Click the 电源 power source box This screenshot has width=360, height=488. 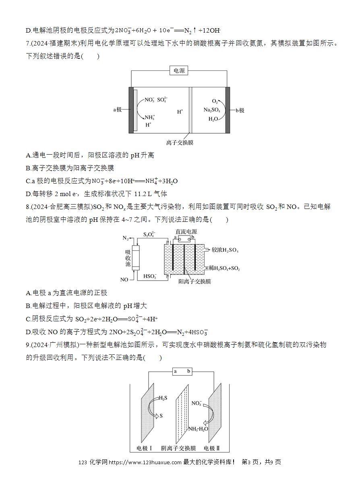179,70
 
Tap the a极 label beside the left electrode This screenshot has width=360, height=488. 117,110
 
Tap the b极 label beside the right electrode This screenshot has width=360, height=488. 240,110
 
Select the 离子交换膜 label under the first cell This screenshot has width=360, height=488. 180,143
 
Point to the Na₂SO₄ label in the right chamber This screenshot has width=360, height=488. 212,110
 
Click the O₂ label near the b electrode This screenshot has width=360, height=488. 215,101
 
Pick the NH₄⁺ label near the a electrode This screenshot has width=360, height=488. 150,118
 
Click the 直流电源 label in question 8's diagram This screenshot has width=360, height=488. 186,232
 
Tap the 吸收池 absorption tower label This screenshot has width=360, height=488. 128,258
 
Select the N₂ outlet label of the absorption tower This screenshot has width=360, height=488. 126,238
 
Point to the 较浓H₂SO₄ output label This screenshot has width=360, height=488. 225,250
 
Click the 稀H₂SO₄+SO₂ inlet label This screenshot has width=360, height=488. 224,268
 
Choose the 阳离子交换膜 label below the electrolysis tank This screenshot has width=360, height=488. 194,282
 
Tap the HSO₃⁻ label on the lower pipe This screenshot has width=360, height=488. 150,276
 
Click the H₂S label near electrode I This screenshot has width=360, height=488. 163,398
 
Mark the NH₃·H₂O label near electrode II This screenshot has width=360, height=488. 198,429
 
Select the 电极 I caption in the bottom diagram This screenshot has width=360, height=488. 144,448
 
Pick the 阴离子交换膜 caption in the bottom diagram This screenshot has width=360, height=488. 178,448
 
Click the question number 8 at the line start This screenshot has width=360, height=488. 28,207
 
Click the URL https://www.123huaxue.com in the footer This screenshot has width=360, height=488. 145,462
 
